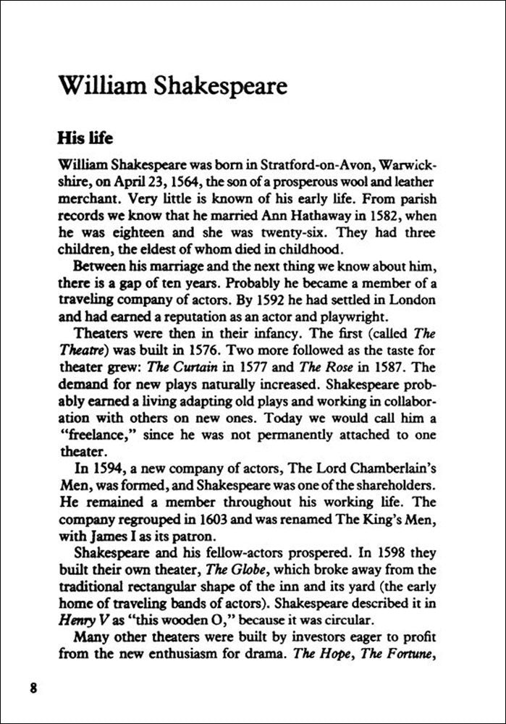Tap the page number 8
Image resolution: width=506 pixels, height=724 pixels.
(x=33, y=686)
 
